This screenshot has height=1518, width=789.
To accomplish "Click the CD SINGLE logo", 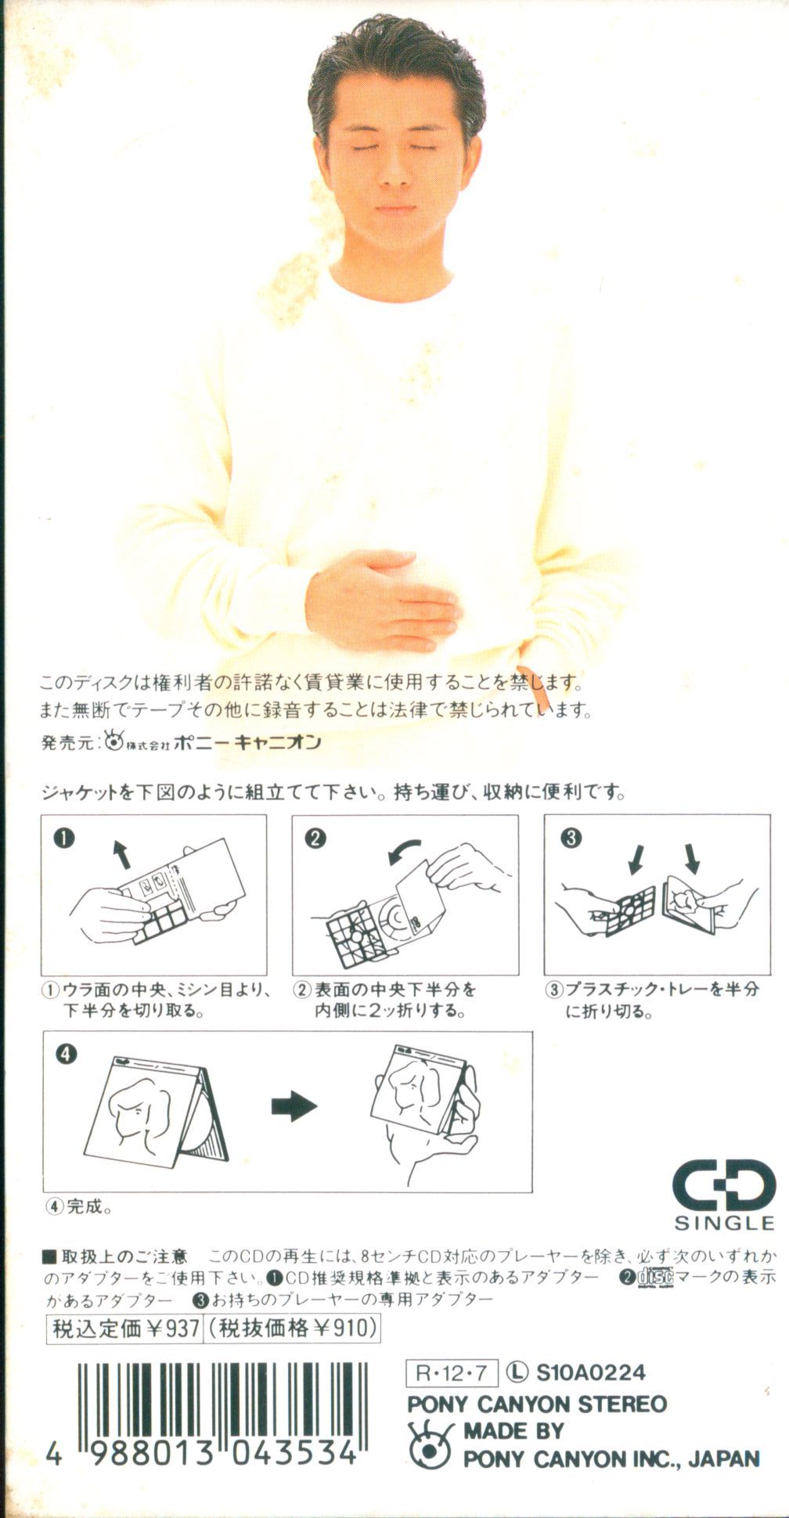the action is pos(724,1194).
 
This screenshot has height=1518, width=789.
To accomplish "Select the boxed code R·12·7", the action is pos(452,1372).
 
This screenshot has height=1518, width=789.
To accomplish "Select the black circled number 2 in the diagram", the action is pos(315,838).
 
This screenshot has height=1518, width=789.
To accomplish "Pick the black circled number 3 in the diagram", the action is pos(571,838).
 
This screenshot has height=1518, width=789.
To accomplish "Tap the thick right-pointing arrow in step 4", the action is pos(294,1106).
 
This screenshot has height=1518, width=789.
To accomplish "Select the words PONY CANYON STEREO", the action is pos(537,1404).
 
